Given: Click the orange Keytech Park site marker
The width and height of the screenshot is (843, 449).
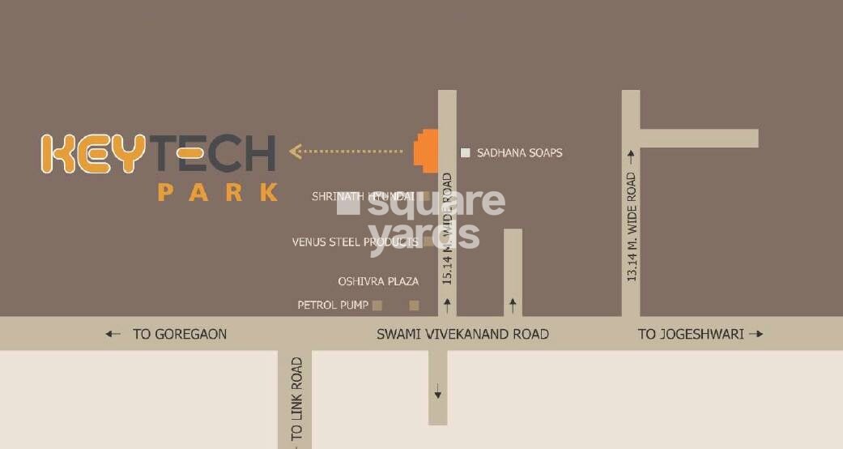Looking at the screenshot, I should (x=426, y=151).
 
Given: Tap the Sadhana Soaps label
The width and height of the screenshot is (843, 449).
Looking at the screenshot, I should (x=519, y=152).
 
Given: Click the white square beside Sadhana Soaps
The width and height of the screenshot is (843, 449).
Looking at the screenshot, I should (x=465, y=152).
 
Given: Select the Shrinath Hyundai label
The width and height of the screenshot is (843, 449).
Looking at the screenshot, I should (x=363, y=196).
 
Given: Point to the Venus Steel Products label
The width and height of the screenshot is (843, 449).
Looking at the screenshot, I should (x=355, y=242).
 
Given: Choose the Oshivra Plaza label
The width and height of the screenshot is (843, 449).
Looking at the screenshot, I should (x=378, y=281).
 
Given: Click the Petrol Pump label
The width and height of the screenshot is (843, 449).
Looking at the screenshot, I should (x=333, y=306).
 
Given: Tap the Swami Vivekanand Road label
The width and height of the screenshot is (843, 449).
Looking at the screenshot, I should (x=463, y=334).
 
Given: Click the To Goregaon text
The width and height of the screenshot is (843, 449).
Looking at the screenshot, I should (x=180, y=334).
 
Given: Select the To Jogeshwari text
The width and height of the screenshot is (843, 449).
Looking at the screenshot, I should (x=691, y=334).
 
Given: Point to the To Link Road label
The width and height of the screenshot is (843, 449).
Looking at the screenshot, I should (x=296, y=400).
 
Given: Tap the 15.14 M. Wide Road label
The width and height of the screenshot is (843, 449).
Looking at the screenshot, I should (x=447, y=229).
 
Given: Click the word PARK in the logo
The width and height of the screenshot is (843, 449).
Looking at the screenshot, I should (x=219, y=193).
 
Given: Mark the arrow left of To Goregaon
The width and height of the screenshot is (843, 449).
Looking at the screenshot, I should (x=113, y=334).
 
